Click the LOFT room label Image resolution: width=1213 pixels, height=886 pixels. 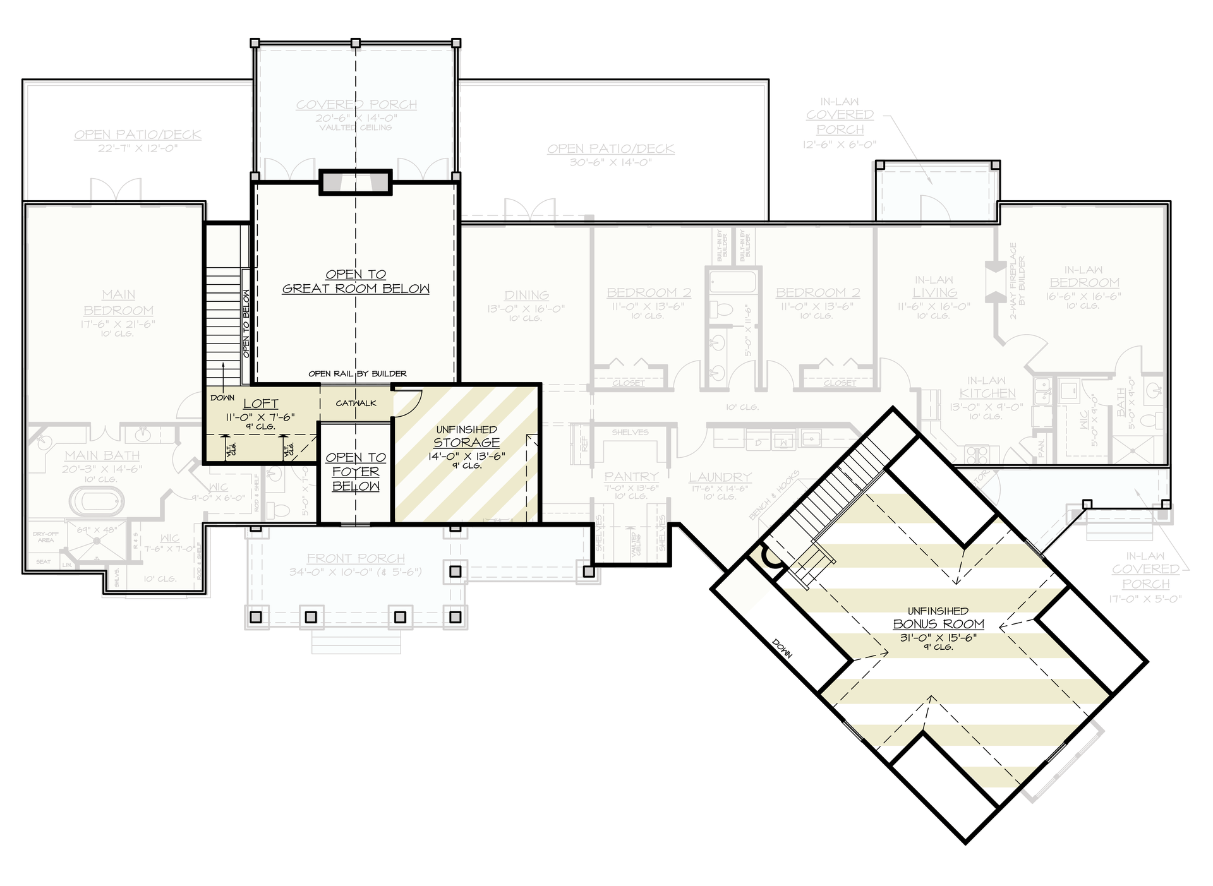(x=260, y=404)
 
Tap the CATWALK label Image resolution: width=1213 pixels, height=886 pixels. (x=356, y=403)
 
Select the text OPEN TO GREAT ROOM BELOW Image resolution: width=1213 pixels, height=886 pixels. (x=356, y=282)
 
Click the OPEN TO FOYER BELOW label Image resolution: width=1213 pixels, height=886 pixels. (x=356, y=472)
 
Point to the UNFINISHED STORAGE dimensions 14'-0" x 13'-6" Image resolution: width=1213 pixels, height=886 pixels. (x=466, y=455)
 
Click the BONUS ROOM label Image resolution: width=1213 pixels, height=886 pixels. (x=938, y=624)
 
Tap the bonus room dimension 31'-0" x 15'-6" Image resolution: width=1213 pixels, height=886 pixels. (x=938, y=638)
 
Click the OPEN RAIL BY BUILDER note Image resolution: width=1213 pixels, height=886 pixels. (x=357, y=374)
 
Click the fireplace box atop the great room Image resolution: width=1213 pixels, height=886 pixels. (x=355, y=183)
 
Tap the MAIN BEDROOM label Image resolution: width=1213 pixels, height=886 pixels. (x=119, y=302)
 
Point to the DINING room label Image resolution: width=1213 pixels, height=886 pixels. (x=526, y=295)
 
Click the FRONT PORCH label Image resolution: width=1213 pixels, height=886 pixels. (x=356, y=558)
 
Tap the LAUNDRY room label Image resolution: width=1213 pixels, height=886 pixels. (x=720, y=477)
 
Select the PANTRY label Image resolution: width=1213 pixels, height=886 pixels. (x=631, y=477)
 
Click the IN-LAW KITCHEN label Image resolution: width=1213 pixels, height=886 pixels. (x=986, y=386)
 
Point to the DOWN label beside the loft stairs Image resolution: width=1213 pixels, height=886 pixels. (x=222, y=398)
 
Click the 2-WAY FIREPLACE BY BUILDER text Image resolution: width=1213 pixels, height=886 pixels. (x=1017, y=280)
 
